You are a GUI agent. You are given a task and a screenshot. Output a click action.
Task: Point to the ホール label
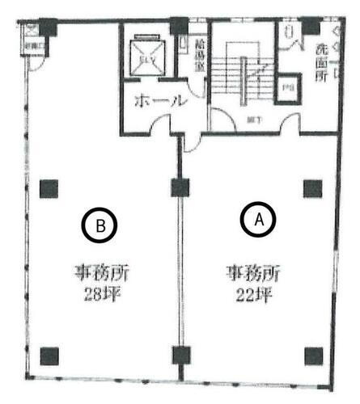(x=161, y=102)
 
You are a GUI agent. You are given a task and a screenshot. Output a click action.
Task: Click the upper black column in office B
(x=49, y=188)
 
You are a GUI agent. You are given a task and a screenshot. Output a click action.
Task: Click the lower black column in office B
(x=49, y=354)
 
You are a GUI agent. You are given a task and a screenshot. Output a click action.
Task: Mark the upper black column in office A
(x=312, y=188)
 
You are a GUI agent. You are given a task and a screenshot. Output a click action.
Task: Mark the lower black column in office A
(x=312, y=354)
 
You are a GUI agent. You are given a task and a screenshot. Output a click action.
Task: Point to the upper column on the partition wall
(x=180, y=188)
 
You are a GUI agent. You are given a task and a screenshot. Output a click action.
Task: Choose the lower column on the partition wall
(x=180, y=354)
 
